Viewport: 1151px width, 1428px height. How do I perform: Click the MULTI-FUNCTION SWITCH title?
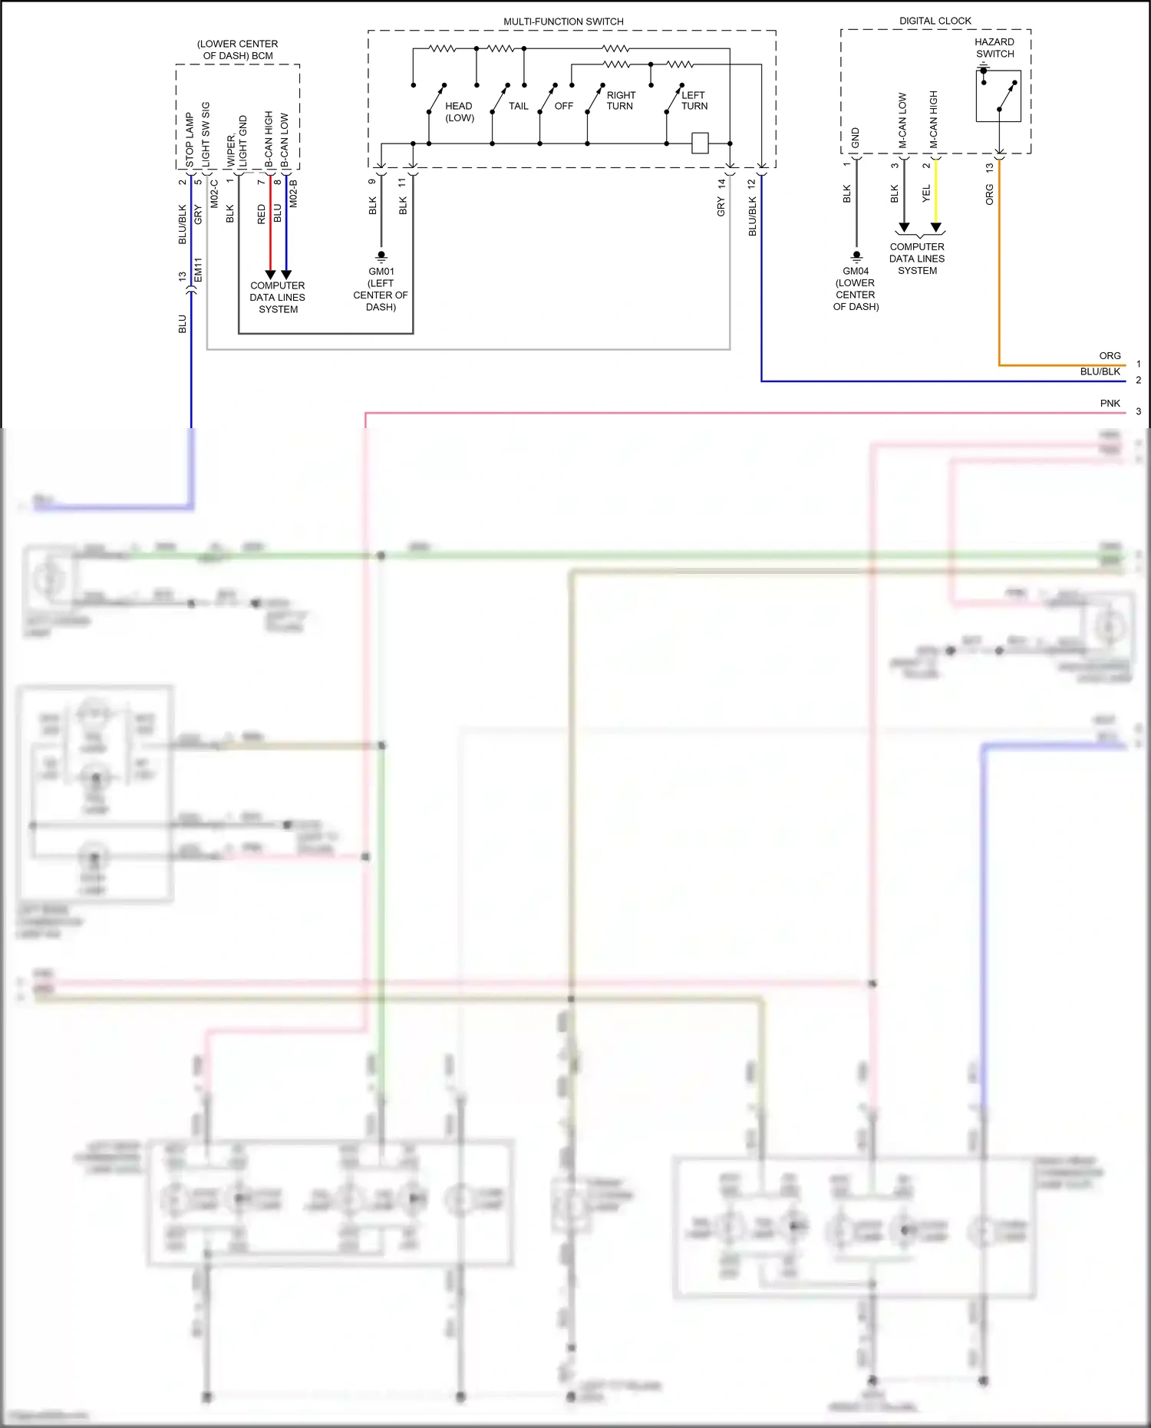[563, 21]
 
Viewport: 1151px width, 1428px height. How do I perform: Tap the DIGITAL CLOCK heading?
[935, 21]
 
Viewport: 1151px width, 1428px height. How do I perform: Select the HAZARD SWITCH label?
[994, 48]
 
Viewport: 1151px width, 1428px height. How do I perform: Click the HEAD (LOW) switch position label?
[459, 112]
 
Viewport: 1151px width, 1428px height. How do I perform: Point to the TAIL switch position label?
[519, 106]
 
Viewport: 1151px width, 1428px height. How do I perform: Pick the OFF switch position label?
[564, 106]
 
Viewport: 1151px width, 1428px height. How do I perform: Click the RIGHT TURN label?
[621, 101]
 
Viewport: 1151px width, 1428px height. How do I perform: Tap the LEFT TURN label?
[694, 101]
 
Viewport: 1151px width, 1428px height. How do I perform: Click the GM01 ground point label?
[381, 271]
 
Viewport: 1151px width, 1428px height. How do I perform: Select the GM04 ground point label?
[856, 271]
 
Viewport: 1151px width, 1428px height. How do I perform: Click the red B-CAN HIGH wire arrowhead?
[270, 274]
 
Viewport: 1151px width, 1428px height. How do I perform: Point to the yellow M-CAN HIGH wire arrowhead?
[935, 227]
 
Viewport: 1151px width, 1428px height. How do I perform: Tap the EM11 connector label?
[198, 269]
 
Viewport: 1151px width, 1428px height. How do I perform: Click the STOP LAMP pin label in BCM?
[190, 140]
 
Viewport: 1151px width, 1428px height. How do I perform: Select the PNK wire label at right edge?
[1110, 403]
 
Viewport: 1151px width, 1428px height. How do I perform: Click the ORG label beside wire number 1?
[1110, 355]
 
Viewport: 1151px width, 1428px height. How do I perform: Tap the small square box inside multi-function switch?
[700, 143]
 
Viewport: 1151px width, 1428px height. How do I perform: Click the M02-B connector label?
[293, 193]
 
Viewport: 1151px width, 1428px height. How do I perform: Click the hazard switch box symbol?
[998, 96]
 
